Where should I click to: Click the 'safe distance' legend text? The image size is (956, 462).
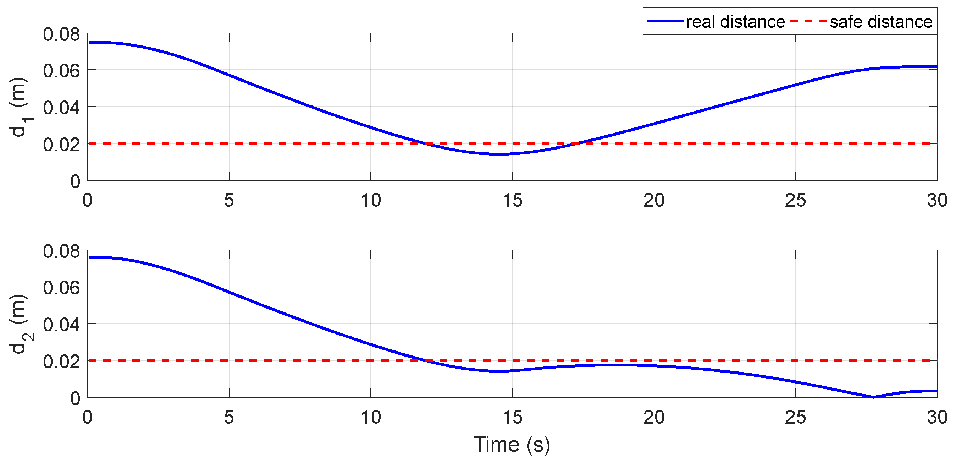[x=881, y=22]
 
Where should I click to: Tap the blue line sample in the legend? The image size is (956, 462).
[x=665, y=21]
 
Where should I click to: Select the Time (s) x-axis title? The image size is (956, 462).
[x=512, y=444]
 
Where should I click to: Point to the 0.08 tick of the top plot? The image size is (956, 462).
[x=61, y=34]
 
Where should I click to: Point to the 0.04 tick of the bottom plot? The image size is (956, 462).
[x=61, y=324]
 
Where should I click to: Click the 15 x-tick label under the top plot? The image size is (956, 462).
[x=512, y=201]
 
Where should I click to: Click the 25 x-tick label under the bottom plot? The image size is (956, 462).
[x=795, y=418]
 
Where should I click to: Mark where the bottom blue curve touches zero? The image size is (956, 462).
[x=873, y=397]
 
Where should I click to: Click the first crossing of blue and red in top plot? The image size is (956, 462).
[x=424, y=143]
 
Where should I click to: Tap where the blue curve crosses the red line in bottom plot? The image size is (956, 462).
[x=424, y=360]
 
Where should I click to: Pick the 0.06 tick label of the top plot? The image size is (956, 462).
[x=61, y=71]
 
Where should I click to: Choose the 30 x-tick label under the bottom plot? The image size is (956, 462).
[x=937, y=418]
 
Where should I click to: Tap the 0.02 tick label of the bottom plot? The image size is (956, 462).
[x=61, y=361]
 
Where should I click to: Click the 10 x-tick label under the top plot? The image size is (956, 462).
[x=371, y=201]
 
